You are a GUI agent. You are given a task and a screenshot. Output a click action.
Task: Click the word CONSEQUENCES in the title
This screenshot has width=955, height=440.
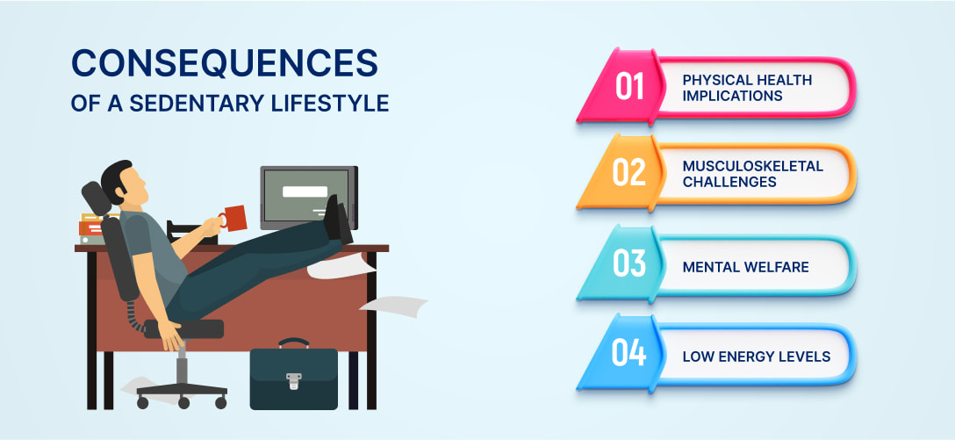click(x=224, y=65)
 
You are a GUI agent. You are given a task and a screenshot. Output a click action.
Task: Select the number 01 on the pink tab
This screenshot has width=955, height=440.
click(x=629, y=88)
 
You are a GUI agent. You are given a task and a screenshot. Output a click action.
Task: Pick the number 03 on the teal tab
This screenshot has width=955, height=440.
click(x=629, y=264)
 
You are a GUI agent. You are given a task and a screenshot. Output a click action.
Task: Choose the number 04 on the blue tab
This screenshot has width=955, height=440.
click(x=629, y=355)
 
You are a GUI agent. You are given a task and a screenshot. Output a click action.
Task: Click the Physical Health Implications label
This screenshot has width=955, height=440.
click(x=747, y=88)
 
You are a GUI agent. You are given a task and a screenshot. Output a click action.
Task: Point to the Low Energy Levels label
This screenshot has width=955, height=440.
click(x=756, y=356)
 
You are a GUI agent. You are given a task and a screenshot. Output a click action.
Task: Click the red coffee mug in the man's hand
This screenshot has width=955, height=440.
click(x=233, y=217)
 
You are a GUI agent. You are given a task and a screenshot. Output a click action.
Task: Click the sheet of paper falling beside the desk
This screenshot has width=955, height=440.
click(x=391, y=306)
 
